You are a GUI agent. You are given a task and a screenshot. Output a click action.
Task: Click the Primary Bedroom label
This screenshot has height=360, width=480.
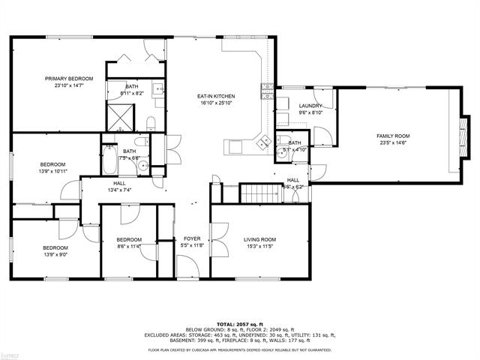68,79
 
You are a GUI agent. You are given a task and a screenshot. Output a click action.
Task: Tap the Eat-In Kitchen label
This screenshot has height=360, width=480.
217,96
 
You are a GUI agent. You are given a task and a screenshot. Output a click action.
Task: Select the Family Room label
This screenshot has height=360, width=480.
392,136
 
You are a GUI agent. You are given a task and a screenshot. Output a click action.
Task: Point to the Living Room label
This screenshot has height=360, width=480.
260,240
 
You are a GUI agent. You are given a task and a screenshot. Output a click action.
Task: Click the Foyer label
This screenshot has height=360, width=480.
191,239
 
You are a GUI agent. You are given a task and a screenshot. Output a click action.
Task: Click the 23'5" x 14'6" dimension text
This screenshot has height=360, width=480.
392,144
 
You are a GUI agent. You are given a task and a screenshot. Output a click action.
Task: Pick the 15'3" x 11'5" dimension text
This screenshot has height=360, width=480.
260,246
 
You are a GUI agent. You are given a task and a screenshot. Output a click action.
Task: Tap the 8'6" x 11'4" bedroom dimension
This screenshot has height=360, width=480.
130,246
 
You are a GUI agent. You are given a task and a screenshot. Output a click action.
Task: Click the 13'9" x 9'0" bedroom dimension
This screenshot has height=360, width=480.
55,254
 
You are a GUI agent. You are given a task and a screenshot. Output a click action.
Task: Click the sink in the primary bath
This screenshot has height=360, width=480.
159,90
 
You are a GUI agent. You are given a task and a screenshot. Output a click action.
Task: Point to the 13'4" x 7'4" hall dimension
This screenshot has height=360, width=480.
119,190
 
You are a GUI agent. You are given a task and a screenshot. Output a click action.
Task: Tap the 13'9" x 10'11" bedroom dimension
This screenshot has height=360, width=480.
52,171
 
